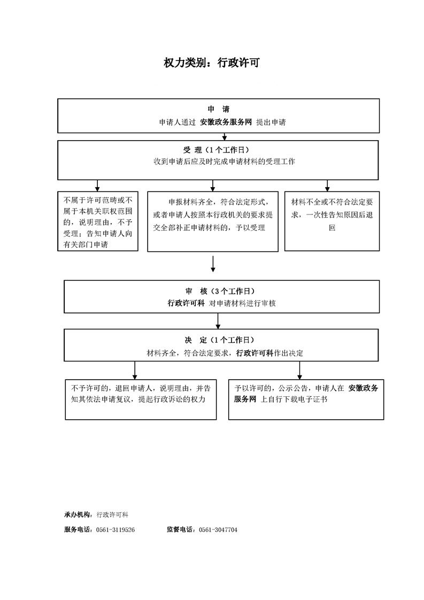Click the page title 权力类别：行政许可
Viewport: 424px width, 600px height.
pyautogui.click(x=212, y=63)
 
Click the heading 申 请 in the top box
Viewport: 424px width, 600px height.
pyautogui.click(x=219, y=110)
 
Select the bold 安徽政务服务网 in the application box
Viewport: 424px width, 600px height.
pyautogui.click(x=226, y=122)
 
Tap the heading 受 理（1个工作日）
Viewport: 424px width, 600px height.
pyautogui.click(x=216, y=150)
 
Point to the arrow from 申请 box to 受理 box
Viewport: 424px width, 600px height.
pyautogui.click(x=225, y=136)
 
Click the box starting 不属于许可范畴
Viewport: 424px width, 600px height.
pyautogui.click(x=98, y=221)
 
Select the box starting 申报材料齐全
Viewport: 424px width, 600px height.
pyautogui.click(x=213, y=221)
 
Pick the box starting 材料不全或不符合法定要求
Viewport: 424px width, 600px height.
pyautogui.click(x=332, y=221)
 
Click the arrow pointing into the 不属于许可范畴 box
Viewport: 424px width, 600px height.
pyautogui.click(x=97, y=186)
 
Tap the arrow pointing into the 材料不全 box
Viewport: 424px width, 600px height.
pyautogui.click(x=327, y=186)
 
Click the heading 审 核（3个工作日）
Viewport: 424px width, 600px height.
pyautogui.click(x=220, y=291)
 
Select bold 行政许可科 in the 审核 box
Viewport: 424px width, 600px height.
pyautogui.click(x=187, y=303)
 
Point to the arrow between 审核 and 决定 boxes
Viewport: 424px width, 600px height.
pyautogui.click(x=218, y=321)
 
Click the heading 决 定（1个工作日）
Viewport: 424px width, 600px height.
pyautogui.click(x=219, y=340)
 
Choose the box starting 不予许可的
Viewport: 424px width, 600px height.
pyautogui.click(x=141, y=399)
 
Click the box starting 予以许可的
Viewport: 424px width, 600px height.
pyautogui.click(x=306, y=399)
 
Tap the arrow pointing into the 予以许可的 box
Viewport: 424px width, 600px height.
pyautogui.click(x=299, y=371)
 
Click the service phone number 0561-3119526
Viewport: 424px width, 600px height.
pyautogui.click(x=115, y=530)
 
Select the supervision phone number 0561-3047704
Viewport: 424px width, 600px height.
pyautogui.click(x=218, y=530)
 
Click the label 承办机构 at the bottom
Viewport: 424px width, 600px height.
pyautogui.click(x=77, y=514)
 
